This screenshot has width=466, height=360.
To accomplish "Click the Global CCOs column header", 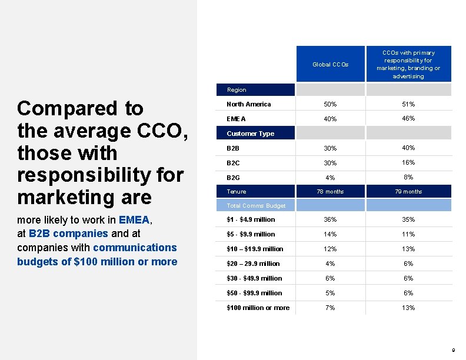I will coord(330,64).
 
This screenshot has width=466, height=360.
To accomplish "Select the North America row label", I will coord(249,104).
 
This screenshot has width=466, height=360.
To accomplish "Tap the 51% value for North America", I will coord(408,104).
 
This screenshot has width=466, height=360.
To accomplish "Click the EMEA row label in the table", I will coord(236,119).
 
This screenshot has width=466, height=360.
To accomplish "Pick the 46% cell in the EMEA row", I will coord(408,118).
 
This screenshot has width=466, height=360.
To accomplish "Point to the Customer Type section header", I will coord(250,134).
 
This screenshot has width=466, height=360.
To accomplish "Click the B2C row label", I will coord(235,162).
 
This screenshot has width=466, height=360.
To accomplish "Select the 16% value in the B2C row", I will coord(408,162).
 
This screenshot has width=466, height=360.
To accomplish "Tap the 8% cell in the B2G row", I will coord(408,177).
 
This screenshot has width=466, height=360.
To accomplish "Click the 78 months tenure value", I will coord(330,192).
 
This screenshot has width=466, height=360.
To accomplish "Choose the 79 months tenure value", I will coord(408,192).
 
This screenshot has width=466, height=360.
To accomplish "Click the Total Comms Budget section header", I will coord(256,206).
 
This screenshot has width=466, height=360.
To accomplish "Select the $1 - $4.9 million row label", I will coord(251,219).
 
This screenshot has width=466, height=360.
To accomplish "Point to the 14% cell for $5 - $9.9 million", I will coord(330,234).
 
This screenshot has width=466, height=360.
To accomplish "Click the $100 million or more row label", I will coord(258,308).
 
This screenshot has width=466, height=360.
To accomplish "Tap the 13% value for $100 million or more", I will coord(408,308).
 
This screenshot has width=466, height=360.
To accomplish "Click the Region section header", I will coord(237,90).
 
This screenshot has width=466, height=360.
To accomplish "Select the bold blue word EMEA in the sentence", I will coord(135,220).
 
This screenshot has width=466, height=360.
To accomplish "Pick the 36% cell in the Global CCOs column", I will coord(330,219).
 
